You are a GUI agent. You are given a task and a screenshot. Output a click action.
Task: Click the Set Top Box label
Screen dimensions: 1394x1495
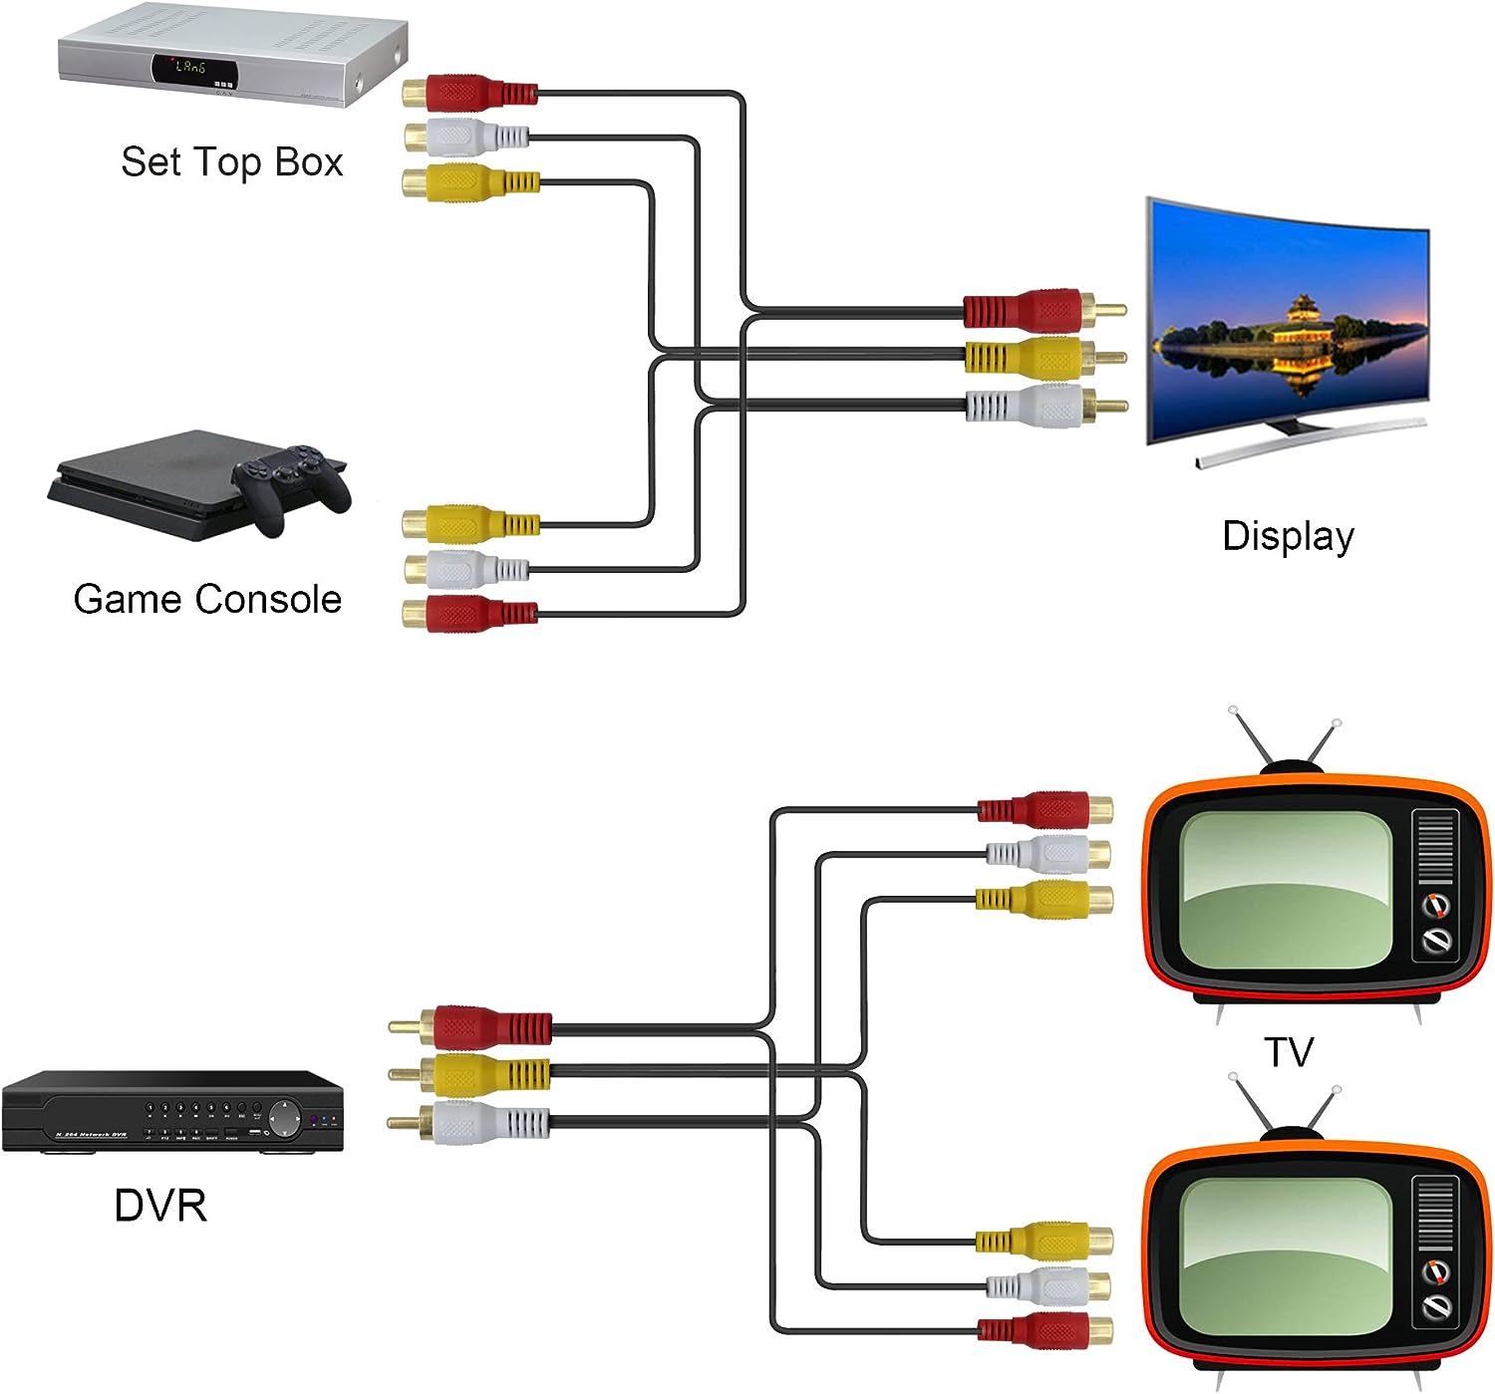coord(231,162)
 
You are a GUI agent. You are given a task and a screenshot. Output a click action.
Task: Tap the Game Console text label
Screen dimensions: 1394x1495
coord(207,599)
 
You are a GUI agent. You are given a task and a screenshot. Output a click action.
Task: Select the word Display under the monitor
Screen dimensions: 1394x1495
coord(1288,536)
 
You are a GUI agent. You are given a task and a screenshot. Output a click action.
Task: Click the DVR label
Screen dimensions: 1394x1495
coord(160,1206)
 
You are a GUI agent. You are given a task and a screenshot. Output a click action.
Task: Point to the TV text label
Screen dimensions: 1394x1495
coord(1289,1052)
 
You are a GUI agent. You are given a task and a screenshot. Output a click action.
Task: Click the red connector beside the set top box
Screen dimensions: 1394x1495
coord(468,94)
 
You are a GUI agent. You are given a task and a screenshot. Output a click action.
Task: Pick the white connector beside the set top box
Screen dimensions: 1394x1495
coord(466,138)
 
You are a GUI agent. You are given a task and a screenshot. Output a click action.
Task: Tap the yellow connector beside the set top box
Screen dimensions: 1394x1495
coord(468,182)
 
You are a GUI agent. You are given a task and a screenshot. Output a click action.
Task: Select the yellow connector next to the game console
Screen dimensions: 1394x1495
coord(468,523)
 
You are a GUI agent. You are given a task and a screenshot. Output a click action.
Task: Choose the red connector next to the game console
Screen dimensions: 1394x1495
coord(468,614)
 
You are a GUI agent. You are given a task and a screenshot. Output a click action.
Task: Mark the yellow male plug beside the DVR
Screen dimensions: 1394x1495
coord(478,1073)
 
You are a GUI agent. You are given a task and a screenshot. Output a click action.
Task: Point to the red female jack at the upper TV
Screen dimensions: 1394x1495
coord(1046,810)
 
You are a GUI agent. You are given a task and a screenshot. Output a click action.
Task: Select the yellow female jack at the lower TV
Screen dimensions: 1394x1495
coord(1046,1241)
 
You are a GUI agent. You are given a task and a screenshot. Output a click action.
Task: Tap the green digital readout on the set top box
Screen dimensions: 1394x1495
coord(190,68)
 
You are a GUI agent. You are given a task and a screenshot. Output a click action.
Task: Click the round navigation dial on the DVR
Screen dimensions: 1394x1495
coord(285,1119)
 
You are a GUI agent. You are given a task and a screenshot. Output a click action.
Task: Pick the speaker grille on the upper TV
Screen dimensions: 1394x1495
coord(1435,847)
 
